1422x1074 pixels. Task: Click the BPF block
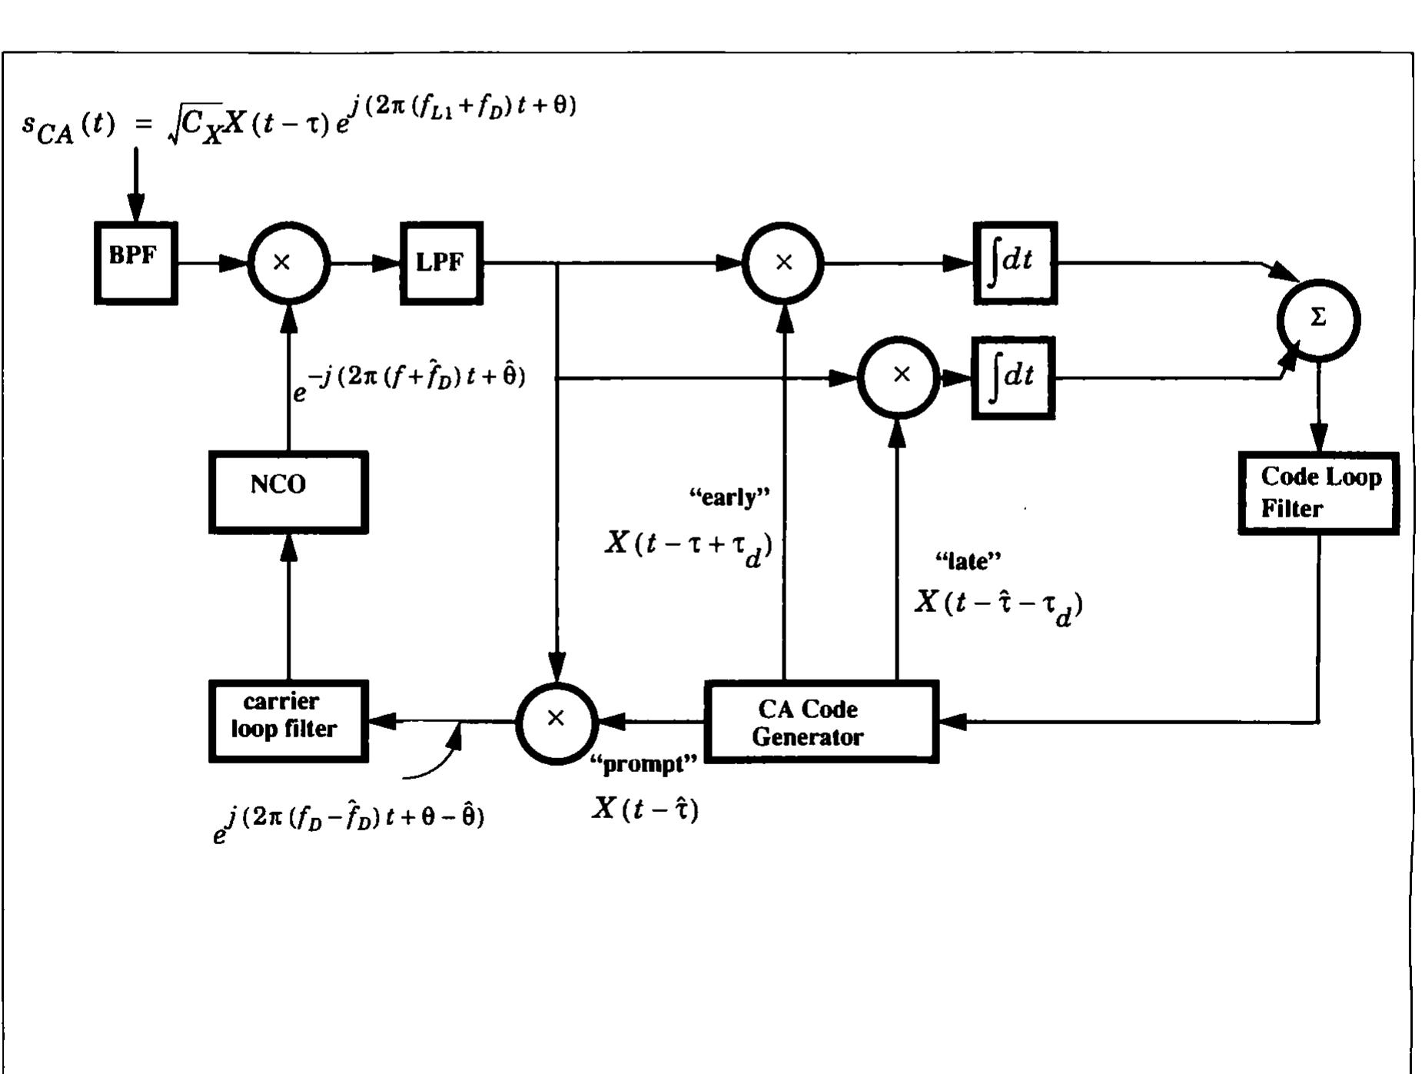pos(136,263)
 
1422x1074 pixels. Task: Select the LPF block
pos(441,263)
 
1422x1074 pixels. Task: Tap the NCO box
pos(288,491)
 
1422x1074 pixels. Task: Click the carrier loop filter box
pos(288,720)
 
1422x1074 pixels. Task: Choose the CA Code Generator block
pos(821,721)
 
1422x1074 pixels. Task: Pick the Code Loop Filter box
pos(1317,493)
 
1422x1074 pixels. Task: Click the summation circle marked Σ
pos(1317,319)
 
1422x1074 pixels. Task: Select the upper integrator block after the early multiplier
pos(1015,263)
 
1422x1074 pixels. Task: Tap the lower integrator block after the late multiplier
pos(1013,377)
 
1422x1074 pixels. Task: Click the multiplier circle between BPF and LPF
pos(288,263)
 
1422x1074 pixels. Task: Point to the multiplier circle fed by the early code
pos(782,263)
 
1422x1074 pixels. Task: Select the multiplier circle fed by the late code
pos(898,377)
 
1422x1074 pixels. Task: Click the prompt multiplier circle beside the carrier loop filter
pos(556,721)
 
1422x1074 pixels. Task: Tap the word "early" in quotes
pos(729,497)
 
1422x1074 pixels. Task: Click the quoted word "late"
pos(968,560)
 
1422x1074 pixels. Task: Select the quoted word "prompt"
pos(643,764)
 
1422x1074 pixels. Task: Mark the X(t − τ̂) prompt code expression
pos(645,809)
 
